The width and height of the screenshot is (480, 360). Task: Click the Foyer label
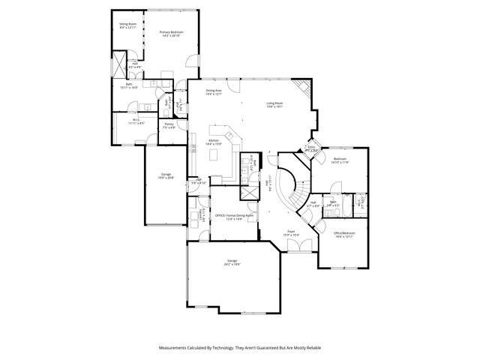click(x=291, y=233)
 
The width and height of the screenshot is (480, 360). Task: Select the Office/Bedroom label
click(x=344, y=235)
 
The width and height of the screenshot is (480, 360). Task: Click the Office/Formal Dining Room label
click(x=234, y=217)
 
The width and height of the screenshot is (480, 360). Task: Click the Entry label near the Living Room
click(x=311, y=148)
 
